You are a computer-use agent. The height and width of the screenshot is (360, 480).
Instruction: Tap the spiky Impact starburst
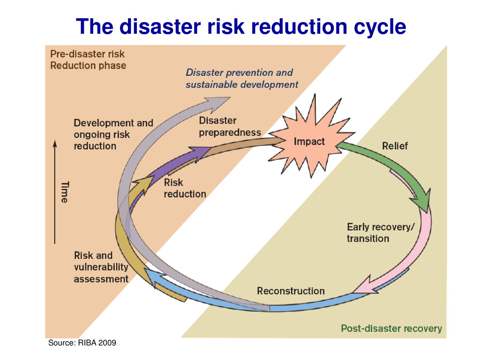[308, 142]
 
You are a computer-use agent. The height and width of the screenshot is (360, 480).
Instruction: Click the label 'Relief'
[395, 146]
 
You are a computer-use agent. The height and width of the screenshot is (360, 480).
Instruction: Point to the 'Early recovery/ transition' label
[380, 232]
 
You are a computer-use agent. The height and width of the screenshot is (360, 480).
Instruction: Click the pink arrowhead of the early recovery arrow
[363, 286]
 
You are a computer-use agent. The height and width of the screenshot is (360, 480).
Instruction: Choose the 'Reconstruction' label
[291, 291]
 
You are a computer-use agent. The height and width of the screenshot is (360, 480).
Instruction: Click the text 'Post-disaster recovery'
[391, 328]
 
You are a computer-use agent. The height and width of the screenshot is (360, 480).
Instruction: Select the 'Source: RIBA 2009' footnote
[82, 344]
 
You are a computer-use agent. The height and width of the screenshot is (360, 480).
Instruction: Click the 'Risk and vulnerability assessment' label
[101, 267]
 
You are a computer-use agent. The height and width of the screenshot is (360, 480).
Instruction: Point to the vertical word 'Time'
[65, 192]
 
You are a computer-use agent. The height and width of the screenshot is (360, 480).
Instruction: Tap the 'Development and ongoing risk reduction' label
[113, 135]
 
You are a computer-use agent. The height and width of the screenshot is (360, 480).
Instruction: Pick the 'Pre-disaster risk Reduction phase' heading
[88, 60]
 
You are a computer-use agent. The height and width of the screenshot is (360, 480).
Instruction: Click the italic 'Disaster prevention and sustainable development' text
[241, 78]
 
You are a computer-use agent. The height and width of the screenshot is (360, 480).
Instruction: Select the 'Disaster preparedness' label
[229, 127]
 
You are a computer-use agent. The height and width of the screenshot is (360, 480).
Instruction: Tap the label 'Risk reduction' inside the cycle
[185, 188]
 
